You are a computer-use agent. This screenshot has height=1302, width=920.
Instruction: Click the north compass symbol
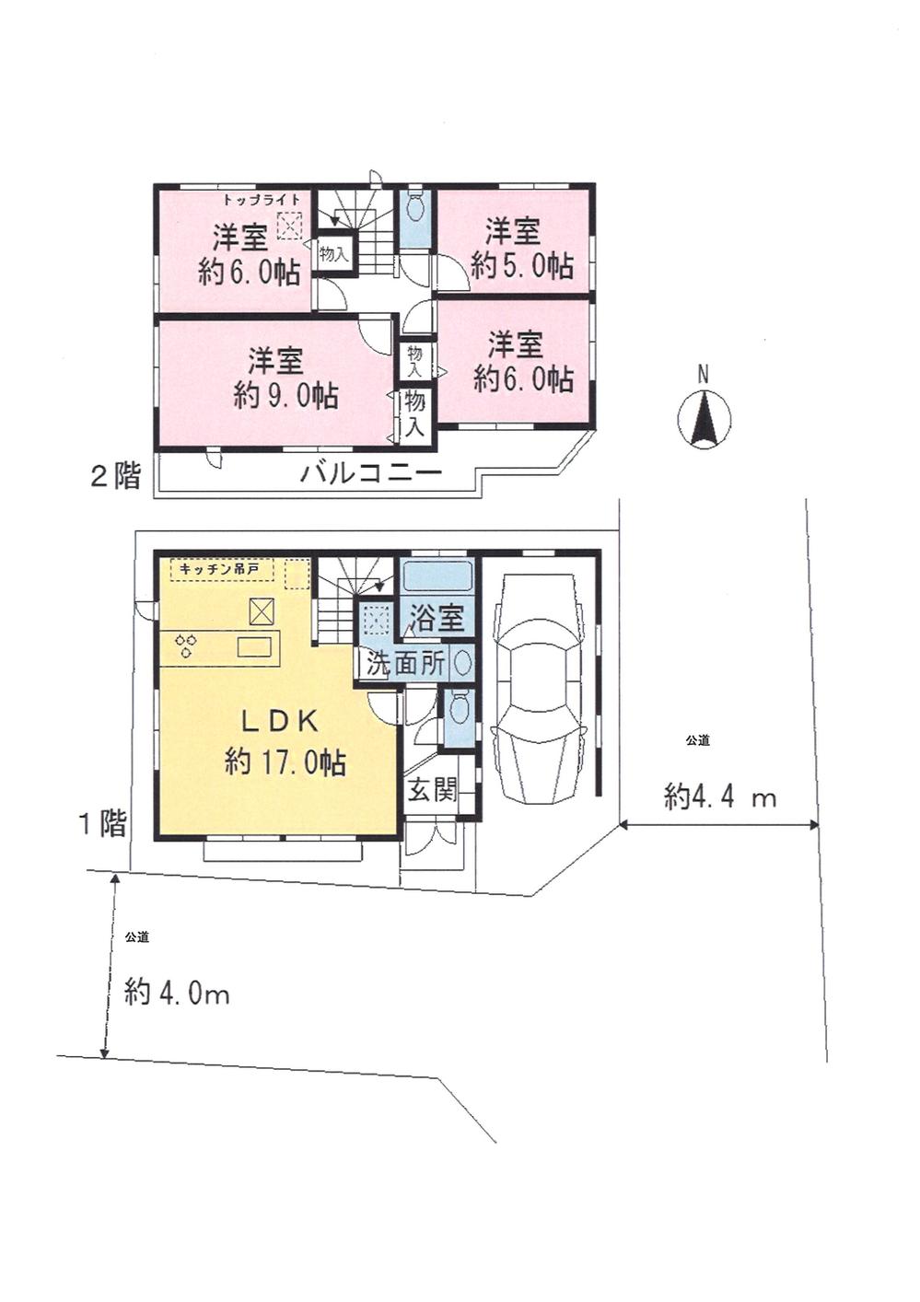[x=704, y=415]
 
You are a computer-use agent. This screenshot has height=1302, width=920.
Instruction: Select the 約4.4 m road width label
[x=720, y=796]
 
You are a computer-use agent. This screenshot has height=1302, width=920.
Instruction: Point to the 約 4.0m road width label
[x=177, y=993]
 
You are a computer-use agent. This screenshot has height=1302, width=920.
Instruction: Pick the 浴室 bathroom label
[x=437, y=618]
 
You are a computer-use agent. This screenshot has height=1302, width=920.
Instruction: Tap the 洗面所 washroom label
[x=406, y=664]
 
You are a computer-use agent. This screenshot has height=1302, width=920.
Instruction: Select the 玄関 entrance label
[x=432, y=789]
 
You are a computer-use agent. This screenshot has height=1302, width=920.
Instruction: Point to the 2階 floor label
[x=115, y=476]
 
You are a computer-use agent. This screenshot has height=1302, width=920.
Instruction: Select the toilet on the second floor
[x=414, y=209]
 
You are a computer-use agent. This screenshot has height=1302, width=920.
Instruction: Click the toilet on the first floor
[x=458, y=711]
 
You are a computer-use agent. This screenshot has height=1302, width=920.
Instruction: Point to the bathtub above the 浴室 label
[x=437, y=577]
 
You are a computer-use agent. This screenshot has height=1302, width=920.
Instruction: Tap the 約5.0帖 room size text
[x=521, y=266]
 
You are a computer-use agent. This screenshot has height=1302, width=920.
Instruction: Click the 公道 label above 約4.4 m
[x=697, y=739]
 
